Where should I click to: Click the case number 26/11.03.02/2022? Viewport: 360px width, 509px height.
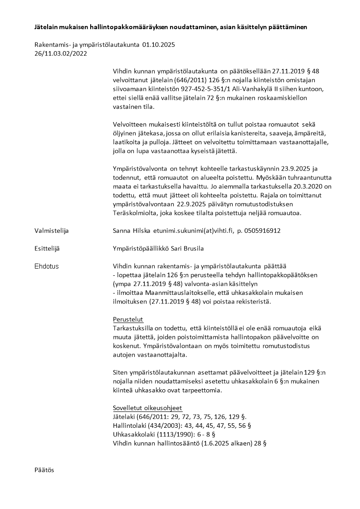[x=60, y=53]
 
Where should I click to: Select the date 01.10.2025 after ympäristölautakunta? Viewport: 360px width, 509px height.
[x=158, y=45]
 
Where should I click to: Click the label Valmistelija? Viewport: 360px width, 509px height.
[x=51, y=230]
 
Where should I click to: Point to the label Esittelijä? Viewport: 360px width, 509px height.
[x=47, y=248]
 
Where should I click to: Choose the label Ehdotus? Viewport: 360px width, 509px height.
[x=47, y=266]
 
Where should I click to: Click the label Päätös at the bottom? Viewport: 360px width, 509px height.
[x=44, y=470]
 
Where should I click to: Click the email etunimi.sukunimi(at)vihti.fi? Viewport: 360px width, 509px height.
[x=192, y=230]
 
